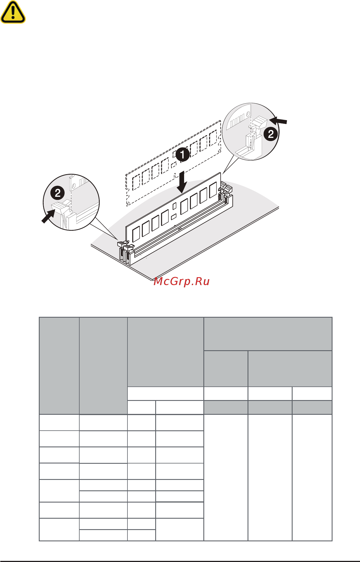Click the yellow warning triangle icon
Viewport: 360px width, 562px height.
tap(13, 12)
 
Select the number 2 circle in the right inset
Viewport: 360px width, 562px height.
tap(271, 134)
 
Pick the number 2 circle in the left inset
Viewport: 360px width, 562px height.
tap(57, 193)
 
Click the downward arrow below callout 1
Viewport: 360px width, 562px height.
tap(182, 182)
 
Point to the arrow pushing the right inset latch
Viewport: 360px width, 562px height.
tap(278, 121)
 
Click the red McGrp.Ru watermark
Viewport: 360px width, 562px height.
tap(182, 281)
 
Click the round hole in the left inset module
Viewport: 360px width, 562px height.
tap(74, 186)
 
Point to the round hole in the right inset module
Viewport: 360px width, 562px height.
tap(248, 114)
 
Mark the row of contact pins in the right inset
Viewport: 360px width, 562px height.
tap(237, 121)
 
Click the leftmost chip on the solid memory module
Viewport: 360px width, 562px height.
tap(137, 234)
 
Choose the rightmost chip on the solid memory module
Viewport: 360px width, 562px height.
tap(213, 190)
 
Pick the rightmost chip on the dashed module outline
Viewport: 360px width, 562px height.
tap(213, 138)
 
